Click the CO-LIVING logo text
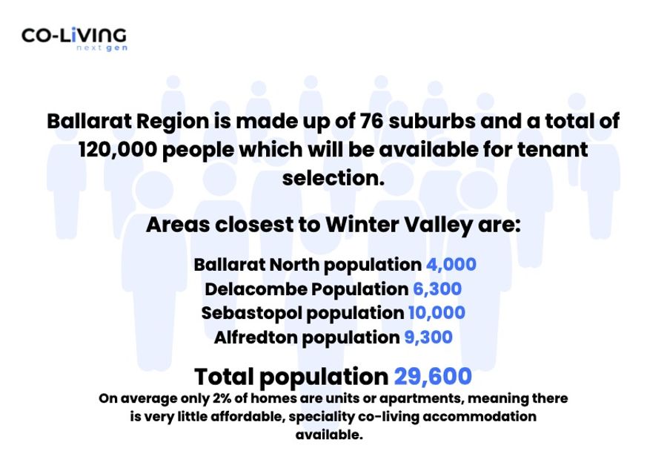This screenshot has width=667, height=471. tap(74, 35)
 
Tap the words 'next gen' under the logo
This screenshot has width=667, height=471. tap(102, 47)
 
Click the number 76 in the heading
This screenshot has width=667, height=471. tap(371, 121)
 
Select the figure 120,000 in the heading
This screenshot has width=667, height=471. tap(118, 150)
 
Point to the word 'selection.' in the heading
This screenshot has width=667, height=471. tap(333, 178)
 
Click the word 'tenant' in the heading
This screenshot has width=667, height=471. tap(553, 150)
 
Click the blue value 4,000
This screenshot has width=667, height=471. tap(451, 265)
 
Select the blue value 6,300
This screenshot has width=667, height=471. tap(437, 289)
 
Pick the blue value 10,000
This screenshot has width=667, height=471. tap(437, 313)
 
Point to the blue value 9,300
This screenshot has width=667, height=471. tap(428, 337)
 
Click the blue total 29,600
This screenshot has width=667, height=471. tap(433, 377)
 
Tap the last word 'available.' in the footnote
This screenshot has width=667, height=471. tap(329, 435)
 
